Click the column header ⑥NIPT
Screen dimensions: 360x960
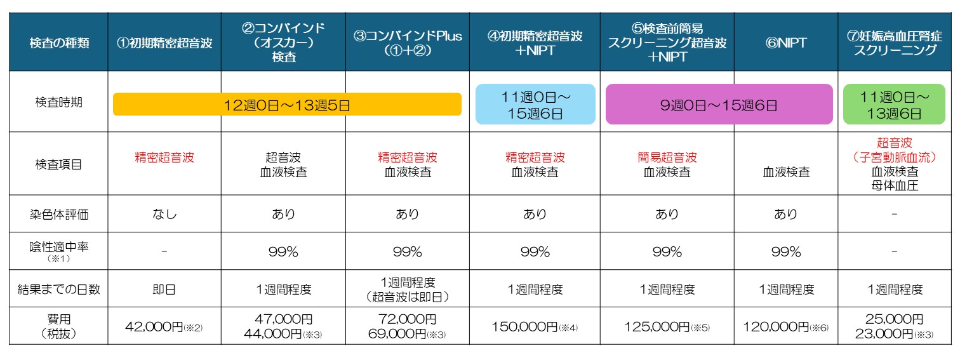785,43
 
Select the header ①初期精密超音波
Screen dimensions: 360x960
164,43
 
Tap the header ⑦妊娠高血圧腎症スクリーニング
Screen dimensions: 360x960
895,43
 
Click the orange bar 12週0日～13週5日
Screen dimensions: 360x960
287,105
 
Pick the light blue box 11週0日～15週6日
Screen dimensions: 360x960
535,105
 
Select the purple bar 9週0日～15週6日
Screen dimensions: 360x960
719,105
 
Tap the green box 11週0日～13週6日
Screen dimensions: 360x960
895,105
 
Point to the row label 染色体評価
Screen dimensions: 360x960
58,214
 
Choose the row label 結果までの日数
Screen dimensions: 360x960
58,290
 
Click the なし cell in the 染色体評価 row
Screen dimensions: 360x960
164,214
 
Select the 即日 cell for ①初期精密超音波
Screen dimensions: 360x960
164,290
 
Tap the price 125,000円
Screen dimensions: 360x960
658,327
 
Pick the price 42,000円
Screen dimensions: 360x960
155,327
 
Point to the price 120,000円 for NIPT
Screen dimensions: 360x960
777,327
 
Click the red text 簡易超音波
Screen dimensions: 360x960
667,157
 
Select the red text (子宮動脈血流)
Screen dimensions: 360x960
895,157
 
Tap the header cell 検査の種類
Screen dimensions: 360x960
58,43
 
